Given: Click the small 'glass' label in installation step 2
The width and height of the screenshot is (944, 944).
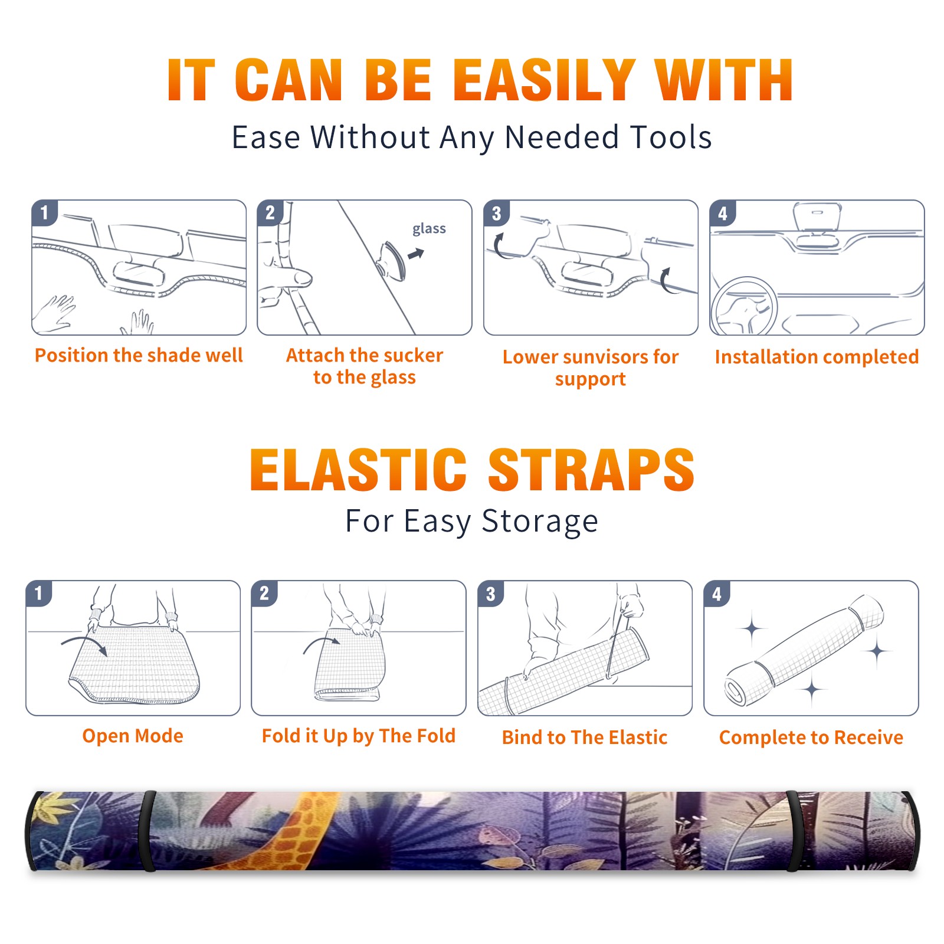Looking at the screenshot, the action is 429,229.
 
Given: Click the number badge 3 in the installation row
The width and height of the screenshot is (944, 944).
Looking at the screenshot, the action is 496,213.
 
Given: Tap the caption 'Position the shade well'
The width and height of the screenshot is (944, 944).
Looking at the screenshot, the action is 139,355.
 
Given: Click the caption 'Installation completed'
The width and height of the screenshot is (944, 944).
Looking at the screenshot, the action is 817,357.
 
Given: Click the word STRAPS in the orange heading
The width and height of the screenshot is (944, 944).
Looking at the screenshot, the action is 591,470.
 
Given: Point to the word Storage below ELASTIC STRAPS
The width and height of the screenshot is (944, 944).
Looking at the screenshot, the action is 540,522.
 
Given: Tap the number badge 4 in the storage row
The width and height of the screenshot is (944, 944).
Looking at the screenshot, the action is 716,594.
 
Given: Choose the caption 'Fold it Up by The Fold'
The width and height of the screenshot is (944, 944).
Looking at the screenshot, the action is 359,736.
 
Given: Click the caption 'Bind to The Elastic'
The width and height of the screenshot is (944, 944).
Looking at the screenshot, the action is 585,737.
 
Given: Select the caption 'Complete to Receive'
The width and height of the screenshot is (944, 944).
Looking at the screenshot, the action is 811,737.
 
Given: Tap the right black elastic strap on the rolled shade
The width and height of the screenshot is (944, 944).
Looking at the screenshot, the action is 794,831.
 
